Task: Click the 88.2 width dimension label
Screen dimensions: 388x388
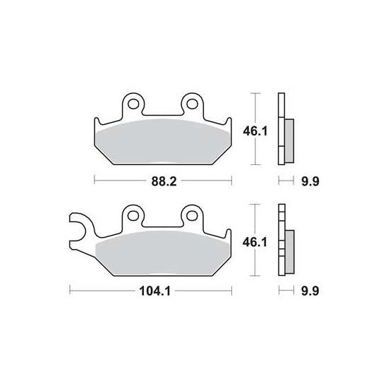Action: pyautogui.click(x=164, y=182)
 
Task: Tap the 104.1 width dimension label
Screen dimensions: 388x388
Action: pyautogui.click(x=155, y=291)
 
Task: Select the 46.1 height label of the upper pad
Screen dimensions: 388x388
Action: pyautogui.click(x=255, y=131)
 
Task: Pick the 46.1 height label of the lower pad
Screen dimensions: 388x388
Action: pyautogui.click(x=255, y=243)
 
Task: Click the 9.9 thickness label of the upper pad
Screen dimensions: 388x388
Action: pyautogui.click(x=310, y=182)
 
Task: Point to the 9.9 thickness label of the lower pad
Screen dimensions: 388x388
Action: pyautogui.click(x=310, y=291)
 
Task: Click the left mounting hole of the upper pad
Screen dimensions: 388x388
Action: pyautogui.click(x=133, y=104)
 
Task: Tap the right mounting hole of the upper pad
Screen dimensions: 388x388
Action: pyautogui.click(x=192, y=104)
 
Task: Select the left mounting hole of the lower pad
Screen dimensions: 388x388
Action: pyautogui.click(x=133, y=216)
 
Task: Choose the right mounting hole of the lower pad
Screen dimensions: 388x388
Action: pyautogui.click(x=192, y=216)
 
